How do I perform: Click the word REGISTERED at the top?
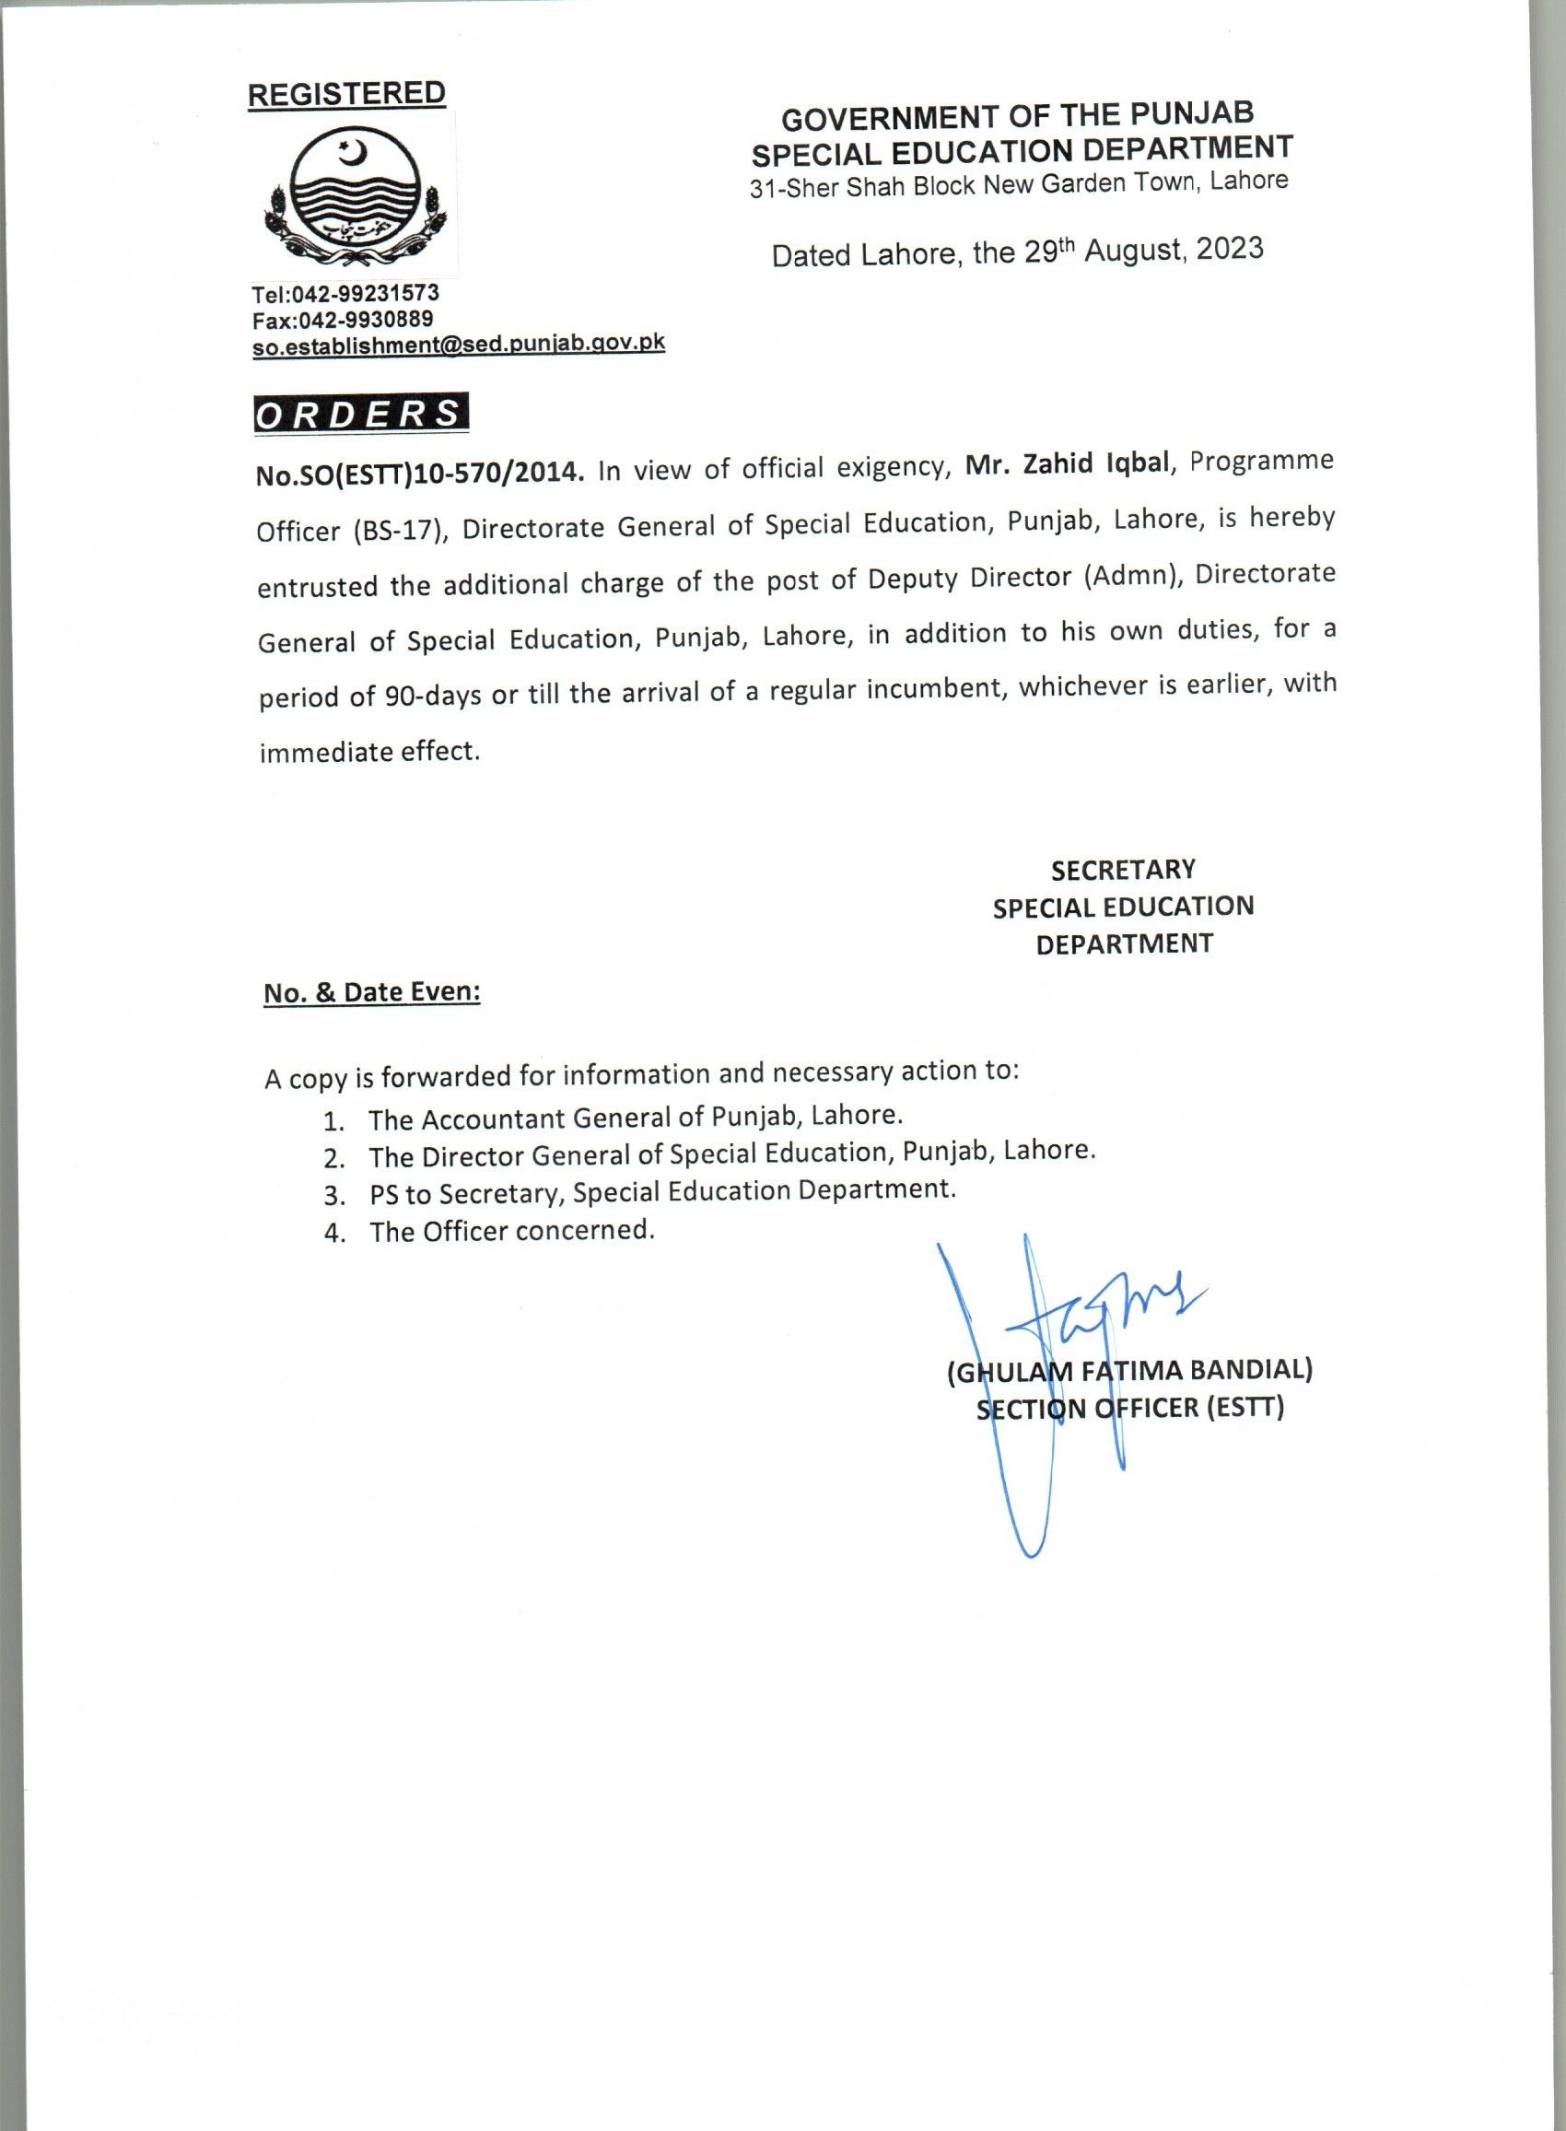coord(346,94)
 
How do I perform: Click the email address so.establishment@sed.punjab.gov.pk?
coord(458,344)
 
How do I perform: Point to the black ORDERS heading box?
coord(361,415)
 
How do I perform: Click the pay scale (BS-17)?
coord(398,530)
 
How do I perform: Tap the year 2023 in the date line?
coord(1229,249)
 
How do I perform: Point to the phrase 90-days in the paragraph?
coord(431,696)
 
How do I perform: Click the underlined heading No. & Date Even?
coord(371,992)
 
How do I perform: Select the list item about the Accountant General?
coord(635,1117)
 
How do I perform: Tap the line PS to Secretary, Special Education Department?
coord(661,1191)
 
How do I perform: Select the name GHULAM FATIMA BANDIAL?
coord(1129,1370)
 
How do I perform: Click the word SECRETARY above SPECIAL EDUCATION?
coord(1123,870)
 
